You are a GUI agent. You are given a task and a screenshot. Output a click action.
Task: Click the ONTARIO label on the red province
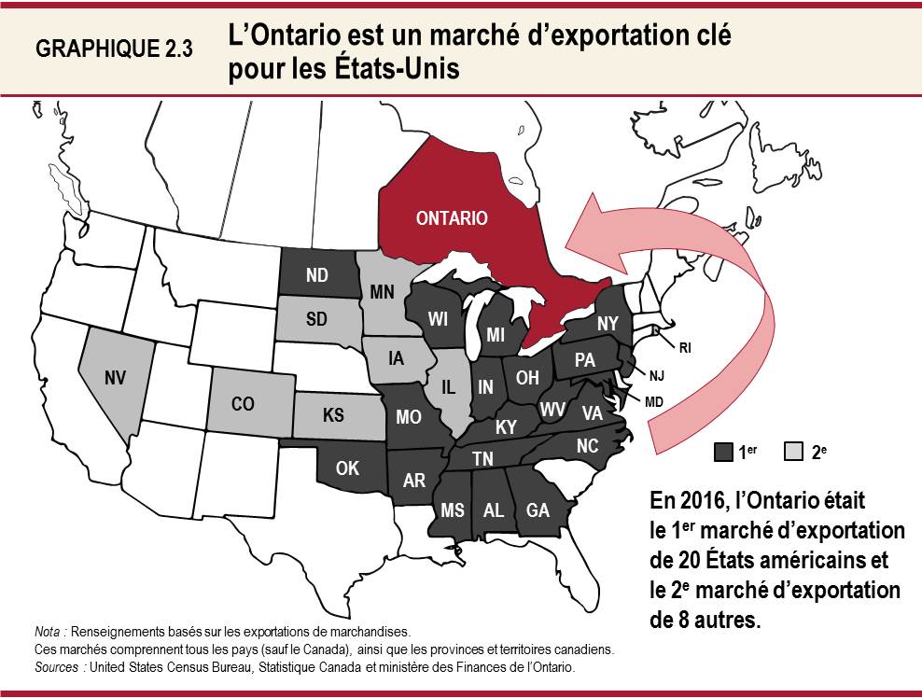(x=452, y=218)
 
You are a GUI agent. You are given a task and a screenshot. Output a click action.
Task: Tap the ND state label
(x=316, y=276)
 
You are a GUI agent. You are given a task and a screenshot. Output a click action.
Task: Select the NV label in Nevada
(x=116, y=378)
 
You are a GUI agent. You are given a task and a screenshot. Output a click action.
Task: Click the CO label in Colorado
(x=243, y=404)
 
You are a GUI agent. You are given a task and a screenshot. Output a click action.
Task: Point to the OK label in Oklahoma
(x=347, y=468)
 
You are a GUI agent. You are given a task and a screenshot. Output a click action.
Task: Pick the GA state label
(x=538, y=510)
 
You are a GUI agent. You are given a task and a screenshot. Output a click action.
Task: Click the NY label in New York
(x=608, y=322)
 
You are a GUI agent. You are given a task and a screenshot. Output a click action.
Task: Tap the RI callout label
(x=685, y=348)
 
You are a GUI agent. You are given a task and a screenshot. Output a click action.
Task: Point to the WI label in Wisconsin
(x=439, y=319)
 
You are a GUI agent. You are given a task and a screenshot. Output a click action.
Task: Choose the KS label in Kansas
(x=333, y=415)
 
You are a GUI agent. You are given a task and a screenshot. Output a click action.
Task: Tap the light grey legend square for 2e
(x=794, y=453)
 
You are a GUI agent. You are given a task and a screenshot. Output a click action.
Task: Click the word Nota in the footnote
(x=48, y=632)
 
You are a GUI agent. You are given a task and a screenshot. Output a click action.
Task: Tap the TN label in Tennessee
(x=482, y=458)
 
